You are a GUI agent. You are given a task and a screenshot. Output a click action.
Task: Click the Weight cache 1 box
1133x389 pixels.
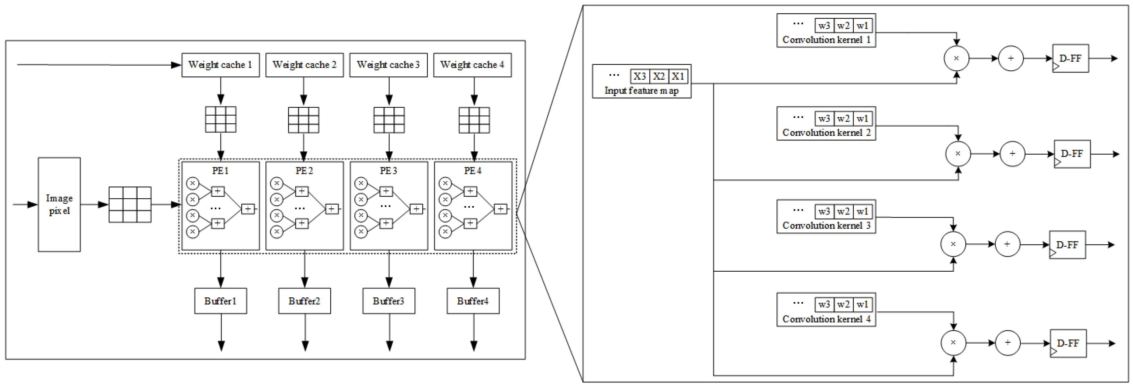(220, 65)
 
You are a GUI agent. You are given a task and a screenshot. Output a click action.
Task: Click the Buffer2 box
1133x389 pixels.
(304, 301)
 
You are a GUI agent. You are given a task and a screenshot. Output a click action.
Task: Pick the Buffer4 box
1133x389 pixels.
(473, 301)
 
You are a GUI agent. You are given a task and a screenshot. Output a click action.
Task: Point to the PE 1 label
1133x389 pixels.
(220, 171)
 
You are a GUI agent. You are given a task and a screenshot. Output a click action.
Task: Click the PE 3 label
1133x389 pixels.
(388, 171)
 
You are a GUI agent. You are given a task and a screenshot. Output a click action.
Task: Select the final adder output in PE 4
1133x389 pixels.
(500, 209)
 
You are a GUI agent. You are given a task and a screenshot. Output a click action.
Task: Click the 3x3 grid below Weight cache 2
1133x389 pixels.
(303, 120)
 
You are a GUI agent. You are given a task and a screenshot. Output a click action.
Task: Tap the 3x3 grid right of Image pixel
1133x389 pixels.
(130, 205)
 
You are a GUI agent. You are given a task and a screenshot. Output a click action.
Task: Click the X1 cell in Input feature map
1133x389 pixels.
(678, 76)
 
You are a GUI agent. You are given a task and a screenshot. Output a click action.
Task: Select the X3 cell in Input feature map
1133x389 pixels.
(640, 76)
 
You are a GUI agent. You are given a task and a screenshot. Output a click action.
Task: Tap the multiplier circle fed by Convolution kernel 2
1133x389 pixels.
(958, 153)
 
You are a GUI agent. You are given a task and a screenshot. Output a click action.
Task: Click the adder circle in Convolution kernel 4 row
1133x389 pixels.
(1008, 343)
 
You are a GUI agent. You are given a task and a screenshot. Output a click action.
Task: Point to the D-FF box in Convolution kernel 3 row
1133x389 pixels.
(1067, 245)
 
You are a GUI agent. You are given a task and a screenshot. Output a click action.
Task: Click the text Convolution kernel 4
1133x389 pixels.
(826, 319)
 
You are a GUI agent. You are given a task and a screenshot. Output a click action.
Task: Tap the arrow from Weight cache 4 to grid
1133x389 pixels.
(474, 92)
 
